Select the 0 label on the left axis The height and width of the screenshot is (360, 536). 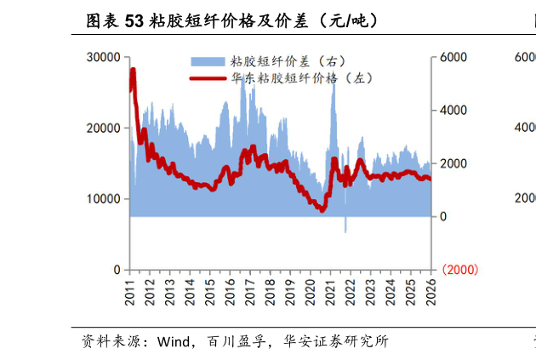(116, 270)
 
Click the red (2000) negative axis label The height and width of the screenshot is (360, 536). (459, 270)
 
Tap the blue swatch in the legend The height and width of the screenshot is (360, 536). (208, 61)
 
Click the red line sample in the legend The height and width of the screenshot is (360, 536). (208, 77)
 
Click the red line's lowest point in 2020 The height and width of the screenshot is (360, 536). (322, 209)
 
